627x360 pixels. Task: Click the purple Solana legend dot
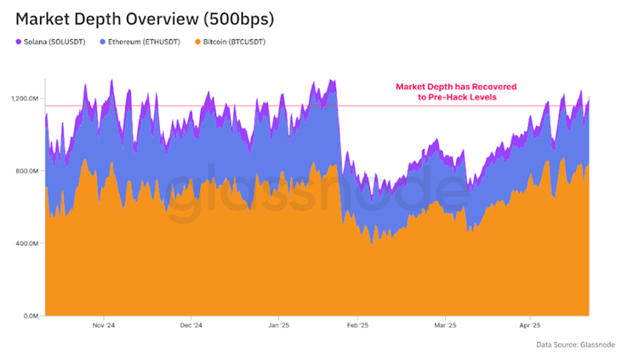19,42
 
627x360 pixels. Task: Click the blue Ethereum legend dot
103,42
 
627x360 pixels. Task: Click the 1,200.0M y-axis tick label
24,98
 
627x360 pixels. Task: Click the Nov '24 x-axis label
104,326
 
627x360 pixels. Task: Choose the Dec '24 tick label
191,326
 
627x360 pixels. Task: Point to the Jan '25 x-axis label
278,326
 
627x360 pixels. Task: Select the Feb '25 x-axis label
357,326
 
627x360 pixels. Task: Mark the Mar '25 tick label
445,326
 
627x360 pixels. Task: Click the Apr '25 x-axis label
529,326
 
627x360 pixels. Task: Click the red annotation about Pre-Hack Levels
455,91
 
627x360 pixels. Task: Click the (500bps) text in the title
239,19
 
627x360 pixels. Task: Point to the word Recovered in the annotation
494,86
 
